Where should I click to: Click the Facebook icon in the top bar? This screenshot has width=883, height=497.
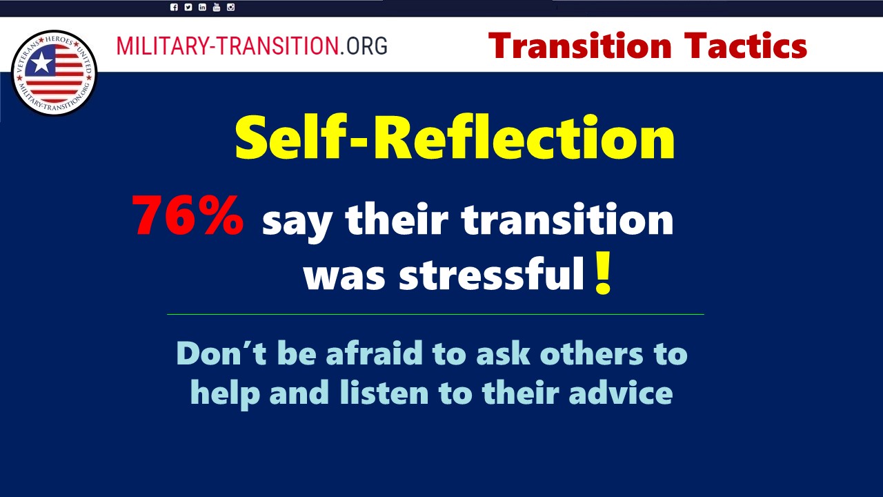(x=174, y=7)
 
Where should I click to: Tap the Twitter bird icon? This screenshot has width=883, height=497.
(x=188, y=7)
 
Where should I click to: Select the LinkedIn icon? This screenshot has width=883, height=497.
(x=202, y=7)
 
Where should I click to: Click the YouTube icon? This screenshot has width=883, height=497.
(x=217, y=7)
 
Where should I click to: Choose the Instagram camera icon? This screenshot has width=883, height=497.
(x=230, y=7)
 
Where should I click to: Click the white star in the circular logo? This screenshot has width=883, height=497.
(x=41, y=63)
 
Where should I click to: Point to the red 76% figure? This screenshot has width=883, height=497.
(x=188, y=216)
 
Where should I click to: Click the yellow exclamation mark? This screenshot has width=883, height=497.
(x=603, y=273)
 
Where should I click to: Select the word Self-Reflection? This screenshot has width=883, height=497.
(x=455, y=137)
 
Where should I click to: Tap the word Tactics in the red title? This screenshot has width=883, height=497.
(x=746, y=46)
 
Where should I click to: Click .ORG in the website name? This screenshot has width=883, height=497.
(x=364, y=46)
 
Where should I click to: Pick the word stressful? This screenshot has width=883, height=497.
(x=492, y=273)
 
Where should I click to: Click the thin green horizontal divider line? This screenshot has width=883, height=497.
(x=435, y=314)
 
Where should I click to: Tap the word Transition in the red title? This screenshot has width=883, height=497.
(x=580, y=46)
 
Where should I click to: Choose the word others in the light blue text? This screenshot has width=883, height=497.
(x=592, y=353)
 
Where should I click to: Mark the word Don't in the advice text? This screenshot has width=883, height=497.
(x=221, y=353)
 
